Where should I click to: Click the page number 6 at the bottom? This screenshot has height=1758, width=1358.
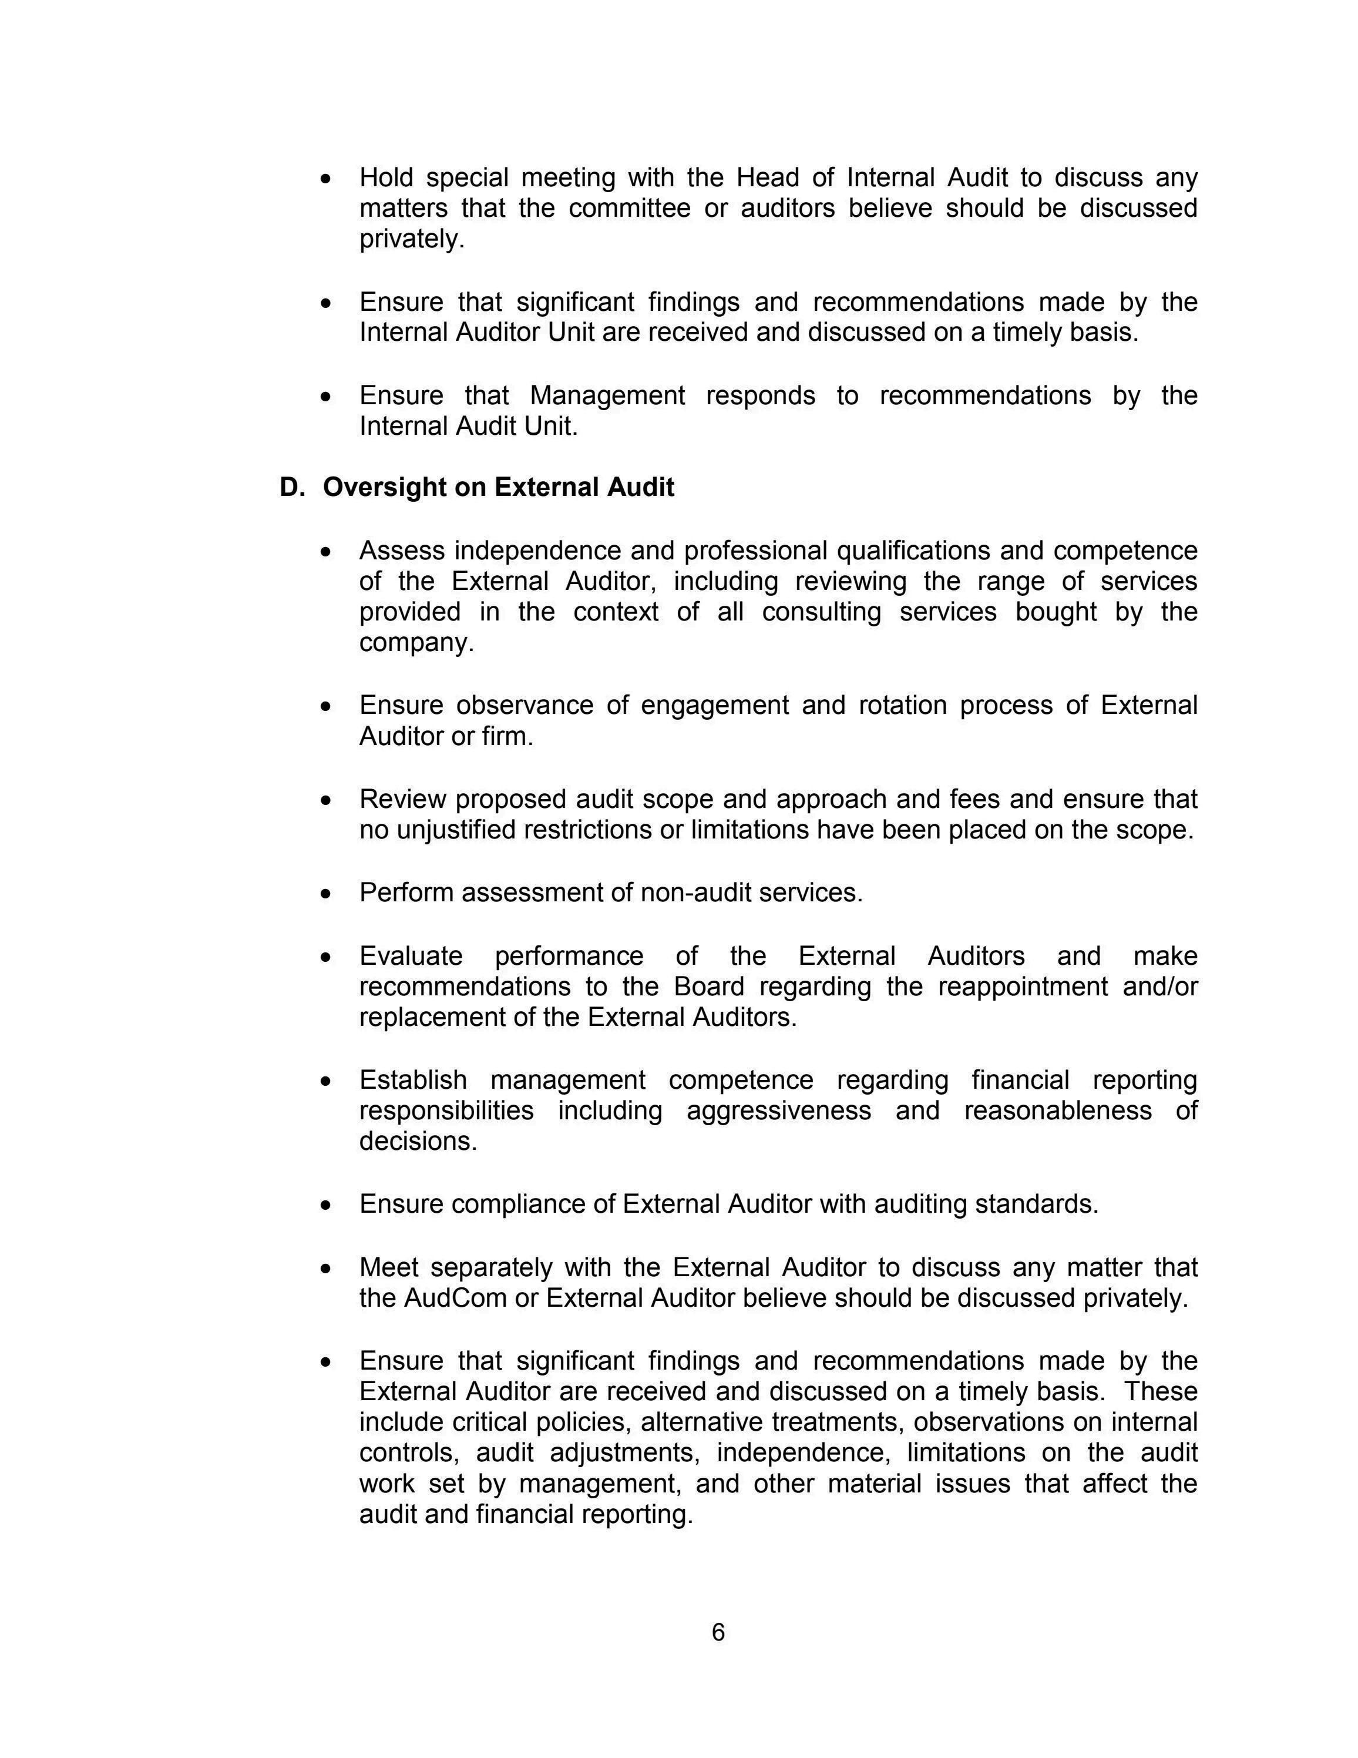coord(718,1632)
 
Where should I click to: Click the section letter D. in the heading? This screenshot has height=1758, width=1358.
coord(290,488)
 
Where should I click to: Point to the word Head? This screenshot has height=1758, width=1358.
coord(766,177)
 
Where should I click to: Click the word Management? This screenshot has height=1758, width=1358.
coord(607,395)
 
